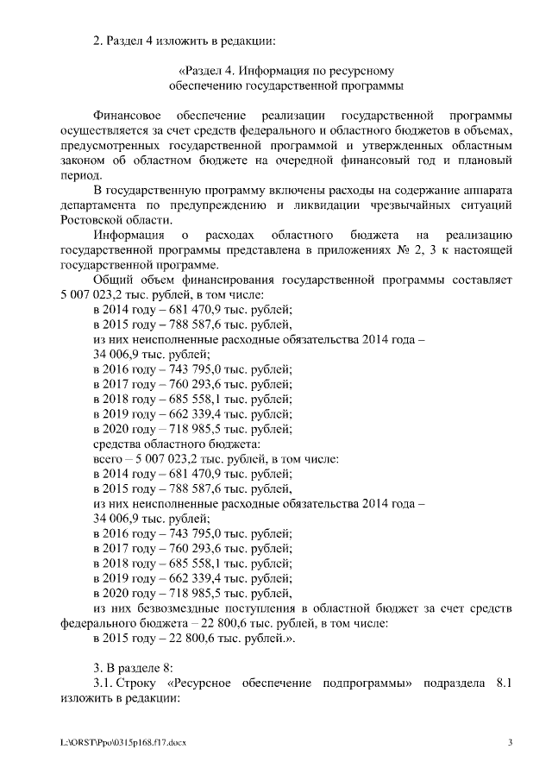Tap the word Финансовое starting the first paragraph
(126, 116)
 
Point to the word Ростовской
(92, 220)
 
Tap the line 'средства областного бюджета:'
(164, 444)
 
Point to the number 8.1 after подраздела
(505, 683)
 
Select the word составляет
(484, 280)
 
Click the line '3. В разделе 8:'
(134, 667)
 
